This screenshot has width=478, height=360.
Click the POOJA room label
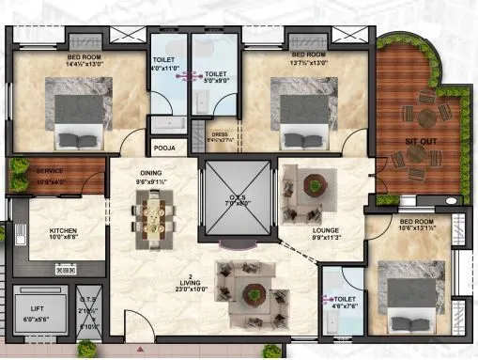point(164,148)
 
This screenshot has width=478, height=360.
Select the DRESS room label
point(220,135)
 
